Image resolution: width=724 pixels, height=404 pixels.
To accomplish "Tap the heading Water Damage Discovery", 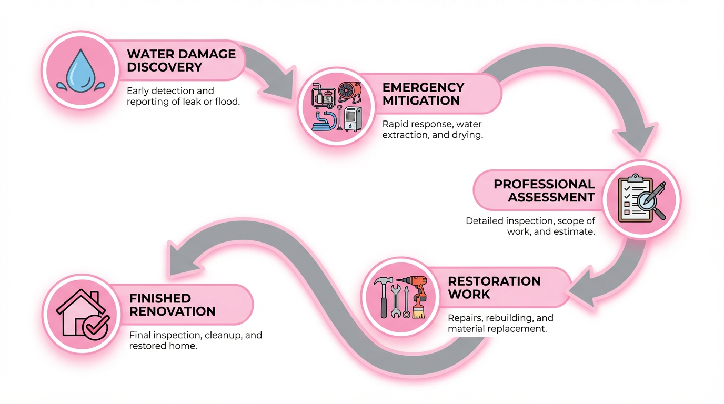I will click(182, 60).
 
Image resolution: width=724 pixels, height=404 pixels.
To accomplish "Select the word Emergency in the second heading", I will click(423, 87).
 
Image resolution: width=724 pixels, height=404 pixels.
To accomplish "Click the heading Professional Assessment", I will click(544, 190).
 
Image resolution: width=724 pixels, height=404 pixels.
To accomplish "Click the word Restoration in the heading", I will click(494, 281).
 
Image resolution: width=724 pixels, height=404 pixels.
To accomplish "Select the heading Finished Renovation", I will click(172, 305).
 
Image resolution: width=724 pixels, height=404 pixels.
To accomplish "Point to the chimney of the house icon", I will click(94, 298).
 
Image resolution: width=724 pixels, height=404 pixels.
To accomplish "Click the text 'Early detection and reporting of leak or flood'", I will click(183, 96).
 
